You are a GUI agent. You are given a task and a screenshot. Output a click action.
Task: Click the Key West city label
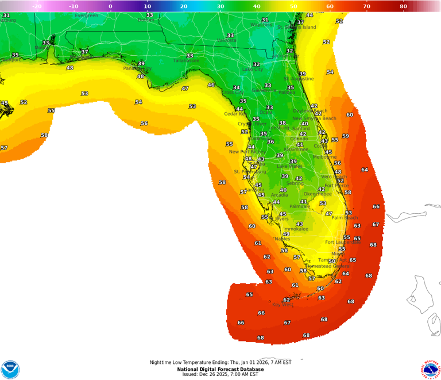(283, 305)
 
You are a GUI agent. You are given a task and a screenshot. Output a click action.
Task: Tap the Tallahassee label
(186, 60)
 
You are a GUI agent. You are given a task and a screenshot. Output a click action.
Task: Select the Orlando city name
(299, 139)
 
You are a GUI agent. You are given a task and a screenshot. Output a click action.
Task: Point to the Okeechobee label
(317, 194)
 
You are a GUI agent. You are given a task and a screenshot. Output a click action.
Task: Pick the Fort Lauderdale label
(342, 242)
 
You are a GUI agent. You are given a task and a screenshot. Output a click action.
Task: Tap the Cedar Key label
(235, 114)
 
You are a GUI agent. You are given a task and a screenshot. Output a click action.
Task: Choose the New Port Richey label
(247, 152)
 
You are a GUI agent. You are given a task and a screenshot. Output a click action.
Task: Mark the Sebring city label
(295, 183)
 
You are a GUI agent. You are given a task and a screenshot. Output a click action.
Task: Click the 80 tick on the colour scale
(404, 6)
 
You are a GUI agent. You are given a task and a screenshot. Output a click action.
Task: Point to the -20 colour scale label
(36, 6)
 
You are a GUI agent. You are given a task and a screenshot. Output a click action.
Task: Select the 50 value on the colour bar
(293, 6)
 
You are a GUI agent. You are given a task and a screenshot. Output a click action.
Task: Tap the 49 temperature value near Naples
(286, 234)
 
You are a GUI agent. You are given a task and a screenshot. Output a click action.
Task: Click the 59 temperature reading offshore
(345, 136)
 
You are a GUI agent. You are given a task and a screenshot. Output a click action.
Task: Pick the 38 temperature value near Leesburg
(282, 123)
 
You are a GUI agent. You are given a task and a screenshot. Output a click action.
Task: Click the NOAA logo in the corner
(10, 369)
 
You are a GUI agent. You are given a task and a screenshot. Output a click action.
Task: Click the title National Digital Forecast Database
(220, 369)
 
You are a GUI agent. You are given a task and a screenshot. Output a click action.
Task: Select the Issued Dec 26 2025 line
(220, 374)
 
